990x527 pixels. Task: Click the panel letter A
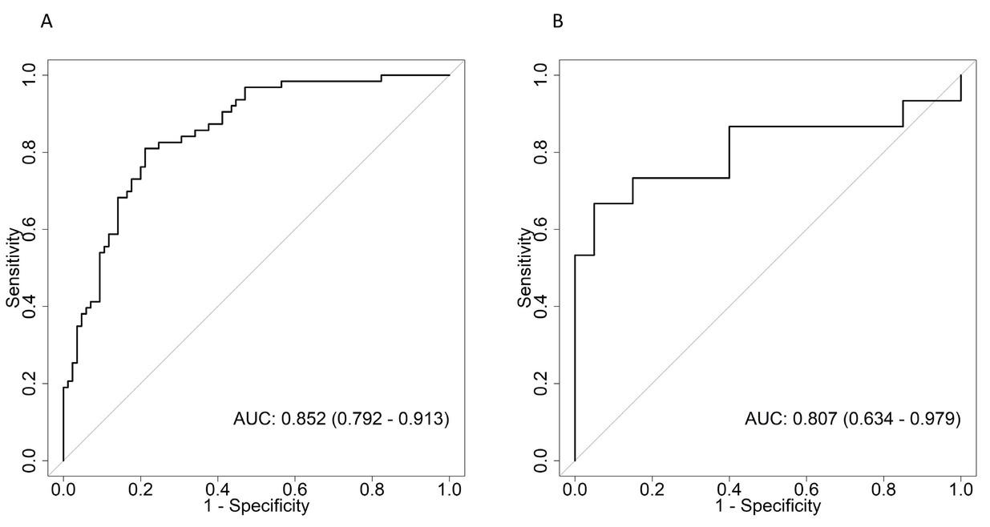tap(47, 22)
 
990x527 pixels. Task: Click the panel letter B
tap(559, 22)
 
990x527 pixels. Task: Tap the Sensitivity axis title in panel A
tap(14, 268)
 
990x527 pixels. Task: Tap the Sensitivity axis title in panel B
tap(525, 268)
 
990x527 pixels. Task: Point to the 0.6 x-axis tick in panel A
tap(295, 489)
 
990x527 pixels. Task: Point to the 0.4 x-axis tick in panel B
tap(729, 489)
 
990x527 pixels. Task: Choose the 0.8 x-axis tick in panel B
tap(883, 489)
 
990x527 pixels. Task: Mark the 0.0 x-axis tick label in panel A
tap(63, 489)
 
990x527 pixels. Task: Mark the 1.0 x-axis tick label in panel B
tap(960, 489)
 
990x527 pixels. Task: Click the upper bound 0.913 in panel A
tap(424, 419)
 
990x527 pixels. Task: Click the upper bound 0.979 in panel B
tap(935, 419)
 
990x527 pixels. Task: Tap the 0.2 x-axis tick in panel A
tap(140, 489)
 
